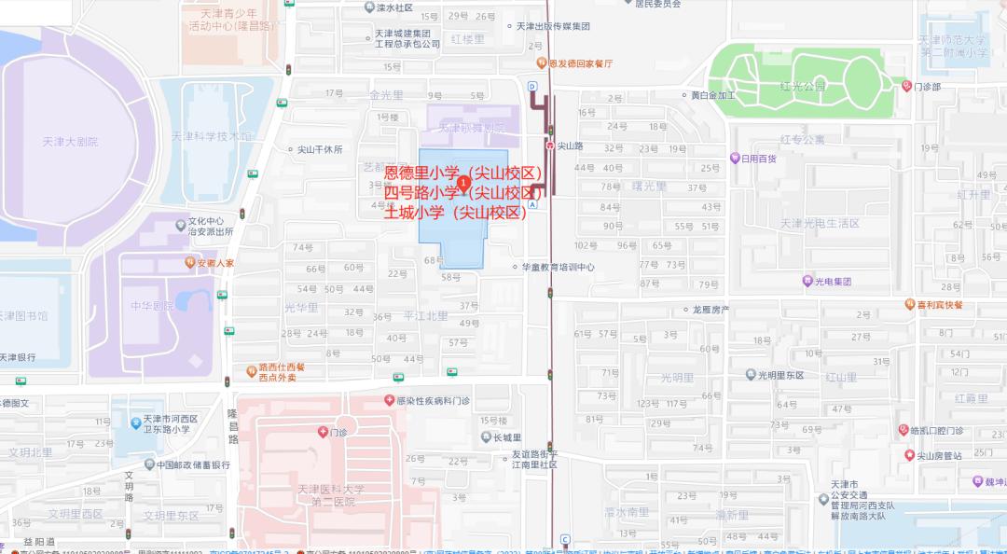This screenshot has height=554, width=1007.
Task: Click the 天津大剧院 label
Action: click(70, 142)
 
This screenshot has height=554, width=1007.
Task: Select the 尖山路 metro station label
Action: click(570, 146)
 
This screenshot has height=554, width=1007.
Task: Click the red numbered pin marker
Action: click(464, 179)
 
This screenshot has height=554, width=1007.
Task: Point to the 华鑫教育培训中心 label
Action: click(558, 267)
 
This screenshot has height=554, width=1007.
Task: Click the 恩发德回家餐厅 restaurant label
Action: click(580, 64)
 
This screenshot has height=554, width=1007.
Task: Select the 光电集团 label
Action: click(833, 281)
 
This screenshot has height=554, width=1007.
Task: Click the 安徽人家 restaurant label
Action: click(215, 263)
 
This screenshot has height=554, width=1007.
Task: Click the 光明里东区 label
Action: click(780, 375)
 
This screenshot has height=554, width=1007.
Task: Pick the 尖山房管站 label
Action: click(938, 455)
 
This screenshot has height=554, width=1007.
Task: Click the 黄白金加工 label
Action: click(712, 95)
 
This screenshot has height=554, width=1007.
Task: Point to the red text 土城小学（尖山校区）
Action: click(456, 213)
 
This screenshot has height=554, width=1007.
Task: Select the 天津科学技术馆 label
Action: click(212, 136)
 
